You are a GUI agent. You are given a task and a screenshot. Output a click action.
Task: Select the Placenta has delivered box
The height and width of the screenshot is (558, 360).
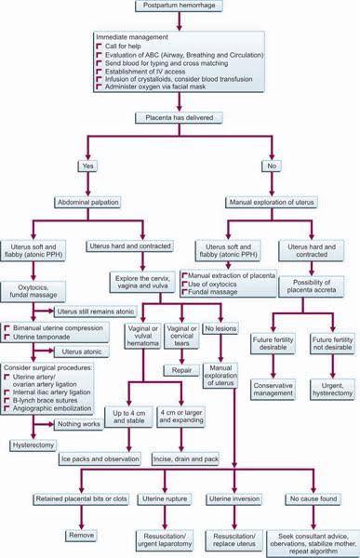pyautogui.click(x=179, y=119)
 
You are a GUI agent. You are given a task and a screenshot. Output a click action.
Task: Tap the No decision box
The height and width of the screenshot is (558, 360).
pyautogui.click(x=271, y=167)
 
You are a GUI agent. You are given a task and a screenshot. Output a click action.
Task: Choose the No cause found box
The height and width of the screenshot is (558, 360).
pyautogui.click(x=312, y=499)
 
